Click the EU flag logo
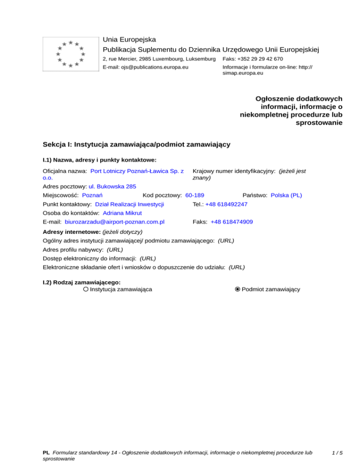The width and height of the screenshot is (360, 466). (x=70, y=54)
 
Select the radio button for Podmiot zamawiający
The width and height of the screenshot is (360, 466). (x=238, y=289)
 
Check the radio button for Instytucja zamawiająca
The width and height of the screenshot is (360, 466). (x=85, y=289)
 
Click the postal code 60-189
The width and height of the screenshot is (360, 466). (x=195, y=195)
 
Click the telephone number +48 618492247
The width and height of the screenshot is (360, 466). (x=226, y=204)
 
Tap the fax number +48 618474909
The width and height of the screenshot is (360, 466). (x=232, y=222)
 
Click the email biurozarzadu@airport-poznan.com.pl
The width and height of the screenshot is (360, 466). (x=114, y=222)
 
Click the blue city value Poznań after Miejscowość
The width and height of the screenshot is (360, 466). (x=93, y=195)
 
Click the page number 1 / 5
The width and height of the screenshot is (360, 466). (x=336, y=453)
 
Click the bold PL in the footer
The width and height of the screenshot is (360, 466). (x=46, y=453)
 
